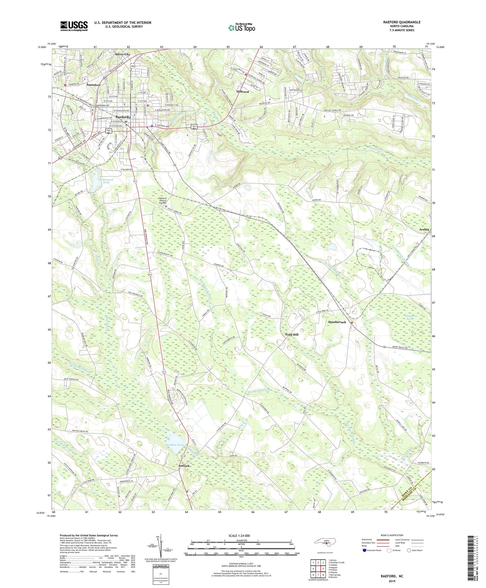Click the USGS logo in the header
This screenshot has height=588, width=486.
pyautogui.click(x=74, y=26)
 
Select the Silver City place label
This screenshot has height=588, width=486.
pyautogui.click(x=122, y=54)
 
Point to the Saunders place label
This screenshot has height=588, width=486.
pyautogui.click(x=93, y=85)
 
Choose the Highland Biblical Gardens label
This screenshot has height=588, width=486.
pyautogui.click(x=162, y=200)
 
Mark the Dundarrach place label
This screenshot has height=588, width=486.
pyautogui.click(x=337, y=322)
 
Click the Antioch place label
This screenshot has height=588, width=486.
pyautogui.click(x=184, y=466)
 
